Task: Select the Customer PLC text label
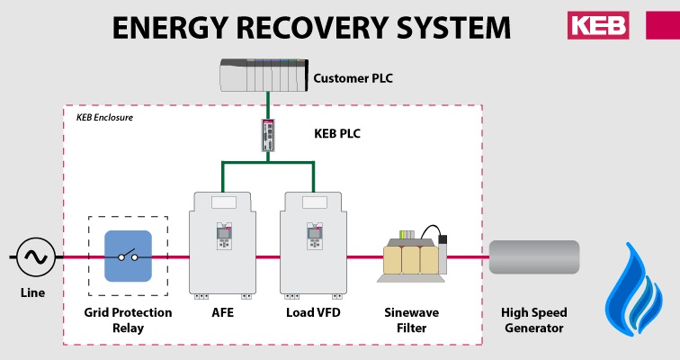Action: point(353,78)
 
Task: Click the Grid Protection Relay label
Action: point(126,320)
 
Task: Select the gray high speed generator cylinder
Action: point(534,258)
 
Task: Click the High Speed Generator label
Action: point(534,320)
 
